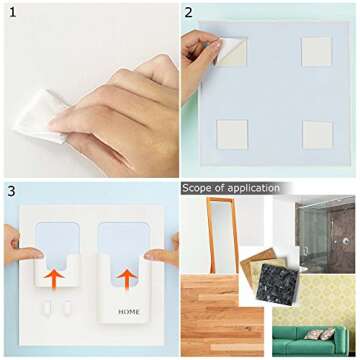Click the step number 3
9,191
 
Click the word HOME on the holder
129,312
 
